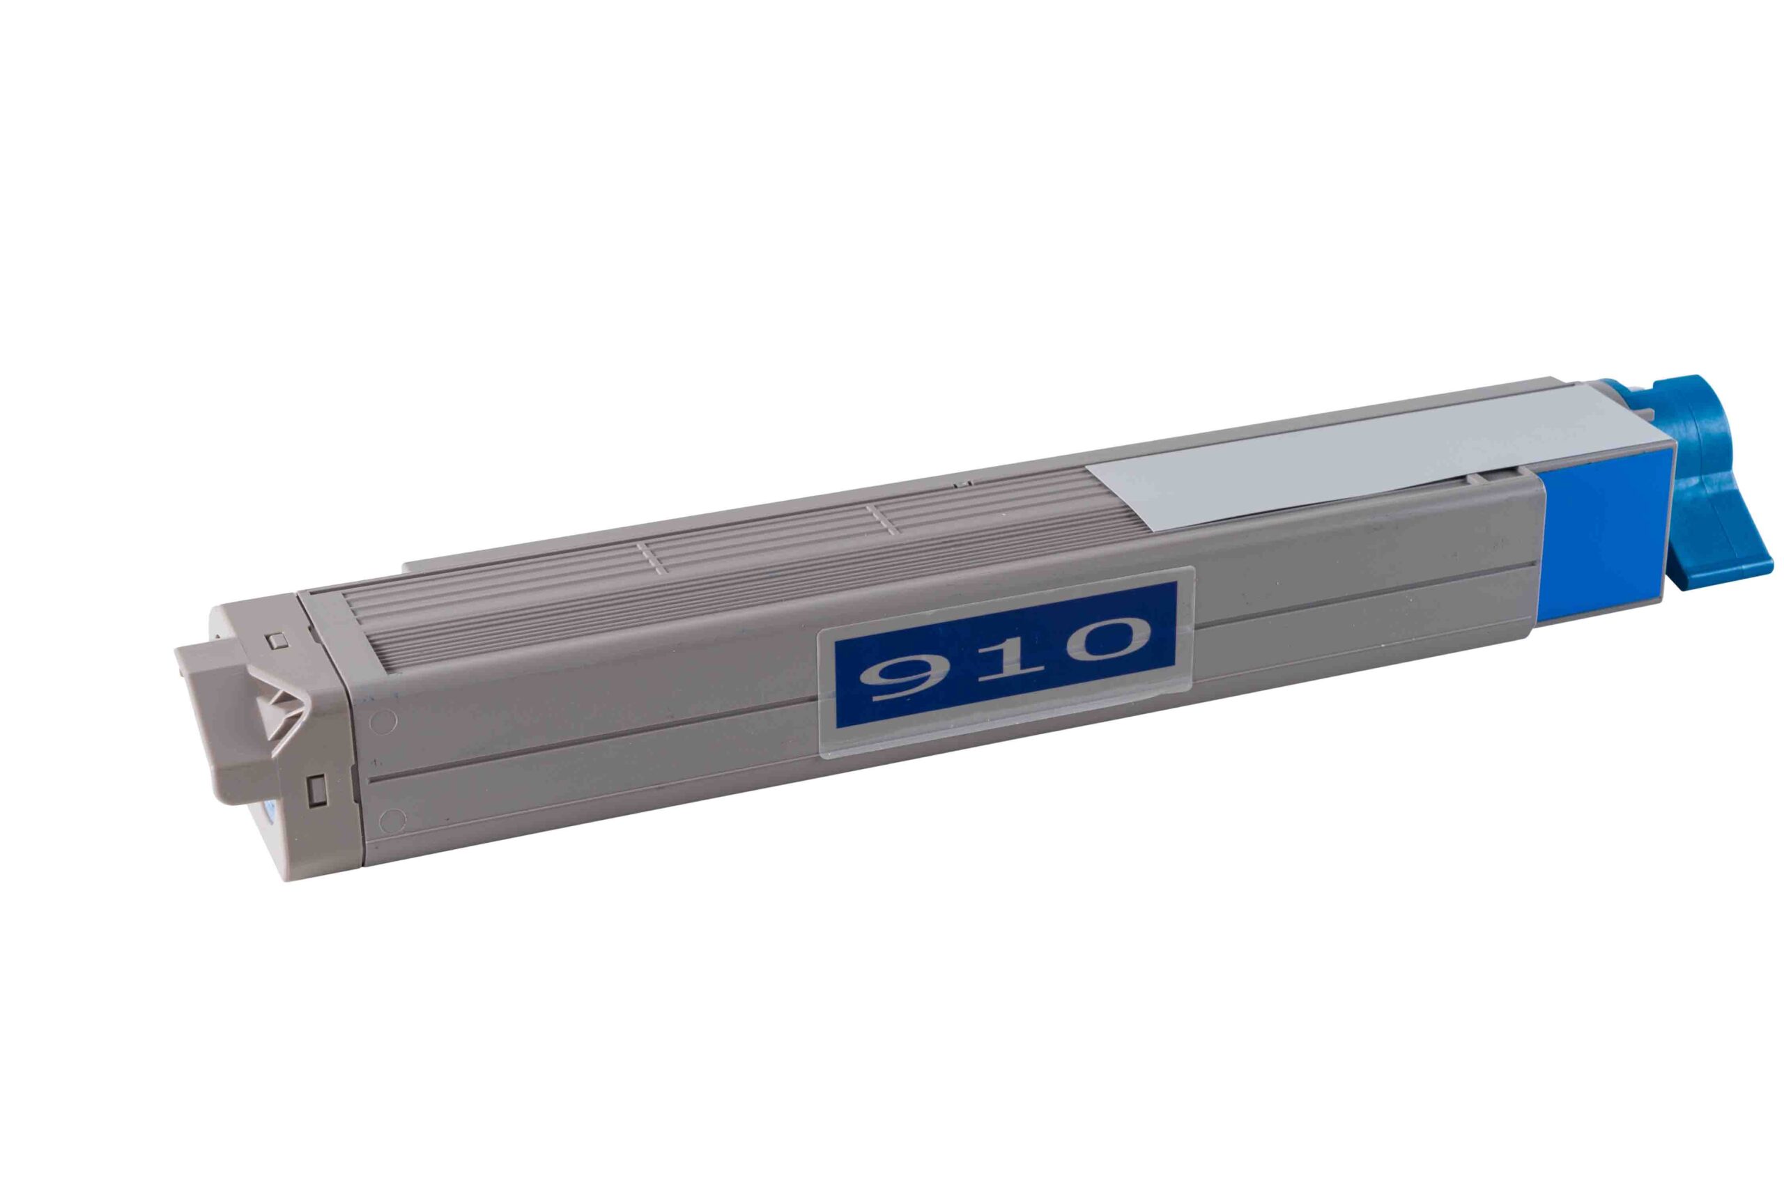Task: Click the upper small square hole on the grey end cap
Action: point(277,639)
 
